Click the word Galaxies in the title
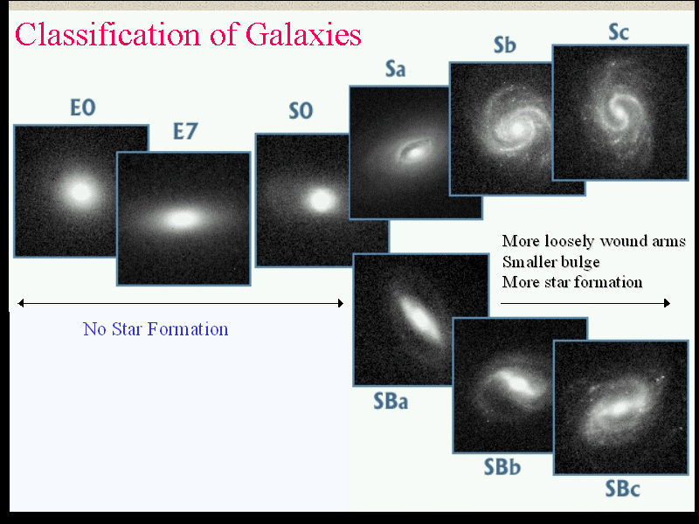303,35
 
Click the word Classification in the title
108,34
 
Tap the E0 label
83,107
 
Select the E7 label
185,131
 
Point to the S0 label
301,111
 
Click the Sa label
396,69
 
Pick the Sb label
505,45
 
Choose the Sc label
619,32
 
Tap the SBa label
391,401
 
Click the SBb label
502,467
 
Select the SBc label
622,488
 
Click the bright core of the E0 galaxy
80,192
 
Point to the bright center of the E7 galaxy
182,219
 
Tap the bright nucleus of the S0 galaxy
321,200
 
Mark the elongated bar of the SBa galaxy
419,317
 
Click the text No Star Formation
156,329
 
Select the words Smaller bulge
551,262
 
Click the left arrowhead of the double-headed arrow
21,303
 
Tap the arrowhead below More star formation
667,303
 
